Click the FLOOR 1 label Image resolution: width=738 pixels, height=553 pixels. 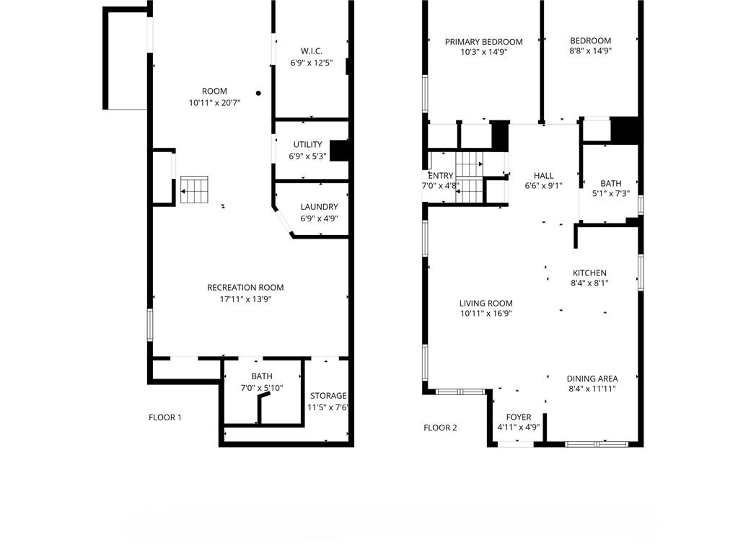pos(164,417)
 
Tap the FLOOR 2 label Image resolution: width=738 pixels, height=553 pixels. pos(440,428)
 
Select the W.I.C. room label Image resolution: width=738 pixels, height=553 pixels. pos(311,51)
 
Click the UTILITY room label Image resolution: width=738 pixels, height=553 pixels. pos(307,145)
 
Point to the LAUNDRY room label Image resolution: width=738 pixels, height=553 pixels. pos(319,207)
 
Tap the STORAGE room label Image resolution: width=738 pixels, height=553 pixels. pos(328,396)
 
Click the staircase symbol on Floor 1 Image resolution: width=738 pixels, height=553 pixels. pos(194,190)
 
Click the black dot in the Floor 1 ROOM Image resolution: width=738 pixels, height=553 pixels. pos(258,93)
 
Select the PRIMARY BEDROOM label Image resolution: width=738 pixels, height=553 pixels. pos(483,42)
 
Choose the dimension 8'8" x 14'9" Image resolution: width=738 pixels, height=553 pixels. pos(590,51)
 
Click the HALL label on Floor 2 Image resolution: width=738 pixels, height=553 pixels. pos(543,175)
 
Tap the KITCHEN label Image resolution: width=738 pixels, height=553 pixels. pos(589,273)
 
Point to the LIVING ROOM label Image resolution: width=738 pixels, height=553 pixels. pos(486,304)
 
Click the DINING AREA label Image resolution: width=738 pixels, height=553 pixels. pos(592,379)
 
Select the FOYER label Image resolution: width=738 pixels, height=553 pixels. pos(519,417)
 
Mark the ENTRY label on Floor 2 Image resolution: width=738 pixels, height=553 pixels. pos(440,175)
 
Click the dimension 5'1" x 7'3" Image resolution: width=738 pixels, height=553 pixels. pos(610,194)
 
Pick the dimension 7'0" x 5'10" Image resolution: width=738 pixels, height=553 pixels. pos(262,388)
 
